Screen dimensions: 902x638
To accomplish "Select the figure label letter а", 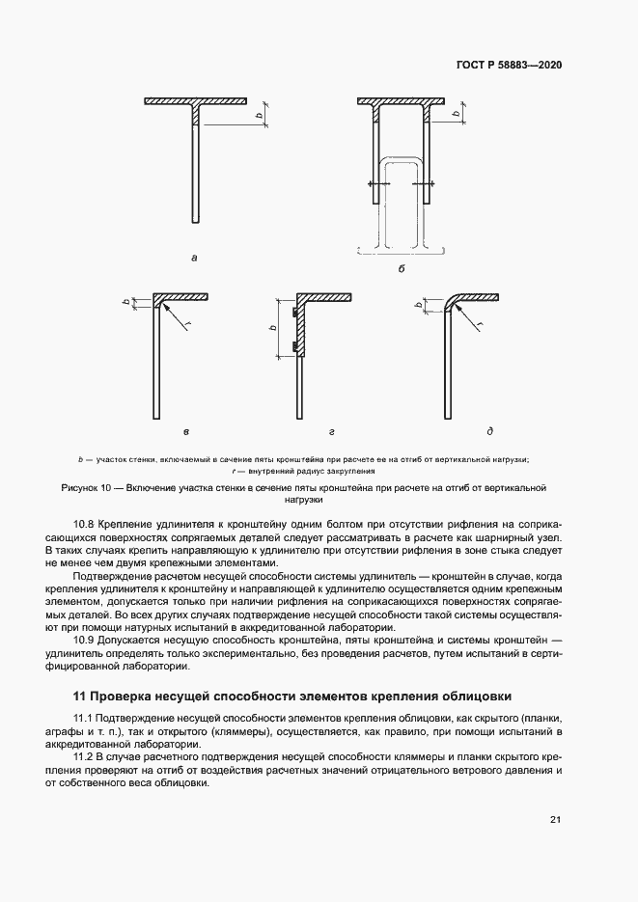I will click(195, 258).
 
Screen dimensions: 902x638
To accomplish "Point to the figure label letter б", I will click(401, 270).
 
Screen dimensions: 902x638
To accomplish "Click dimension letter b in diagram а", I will click(258, 115).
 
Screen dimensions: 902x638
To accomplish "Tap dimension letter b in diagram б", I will click(456, 115).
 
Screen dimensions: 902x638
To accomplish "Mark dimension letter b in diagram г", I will click(275, 329).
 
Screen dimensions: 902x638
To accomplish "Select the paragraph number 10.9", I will click(86, 641).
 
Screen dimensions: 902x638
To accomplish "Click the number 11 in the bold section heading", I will click(80, 696).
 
